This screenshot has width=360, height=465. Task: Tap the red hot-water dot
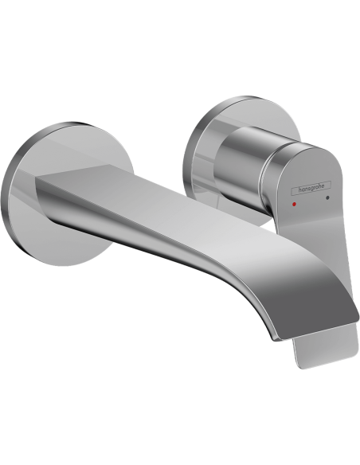point(294,204)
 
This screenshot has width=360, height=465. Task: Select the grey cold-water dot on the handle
point(327,197)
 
